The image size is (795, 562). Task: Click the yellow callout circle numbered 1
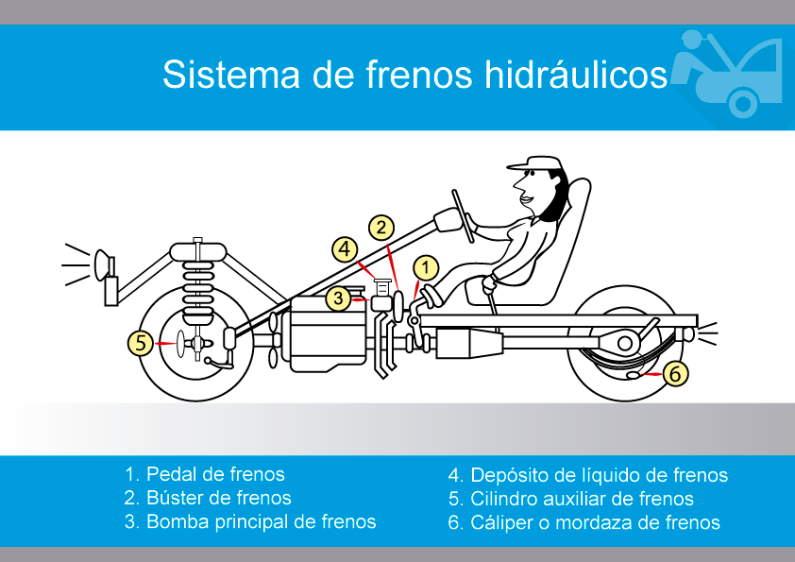pos(426,267)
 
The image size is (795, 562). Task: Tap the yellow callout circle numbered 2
pos(381,227)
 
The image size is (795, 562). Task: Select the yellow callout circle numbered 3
pos(339,298)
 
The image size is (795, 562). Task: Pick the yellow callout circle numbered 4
pos(346,249)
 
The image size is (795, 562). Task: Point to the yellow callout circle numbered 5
pos(141,343)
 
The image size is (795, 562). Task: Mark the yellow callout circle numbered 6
pos(673,374)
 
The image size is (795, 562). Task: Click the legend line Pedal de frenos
pos(204,474)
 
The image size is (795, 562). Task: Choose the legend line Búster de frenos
pos(208,498)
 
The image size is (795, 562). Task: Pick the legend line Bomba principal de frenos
pos(250,521)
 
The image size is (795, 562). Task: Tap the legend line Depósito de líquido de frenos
pos(587,475)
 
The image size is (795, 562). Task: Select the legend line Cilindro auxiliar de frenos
pos(570,499)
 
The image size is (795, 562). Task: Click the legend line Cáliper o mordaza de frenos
pos(584,522)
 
